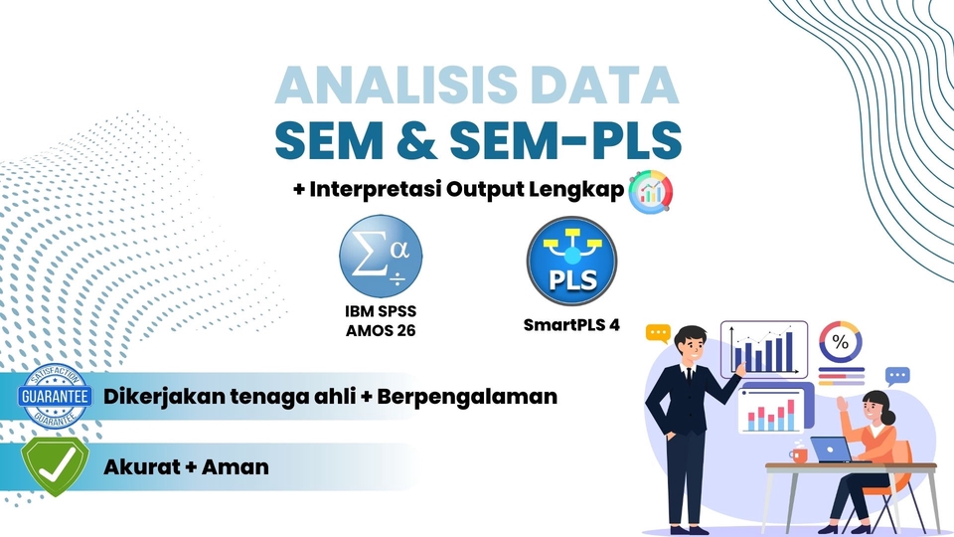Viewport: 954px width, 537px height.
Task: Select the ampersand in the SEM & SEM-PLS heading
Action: (x=416, y=139)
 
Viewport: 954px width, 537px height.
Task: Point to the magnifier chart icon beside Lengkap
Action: (x=650, y=192)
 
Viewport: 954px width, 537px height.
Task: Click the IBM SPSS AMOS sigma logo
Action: (x=381, y=257)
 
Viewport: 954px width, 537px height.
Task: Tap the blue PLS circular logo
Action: (x=572, y=261)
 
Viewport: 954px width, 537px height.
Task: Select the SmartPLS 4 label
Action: (x=572, y=324)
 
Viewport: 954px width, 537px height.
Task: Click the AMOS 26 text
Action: (x=381, y=330)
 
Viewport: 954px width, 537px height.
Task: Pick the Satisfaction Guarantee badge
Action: (x=55, y=397)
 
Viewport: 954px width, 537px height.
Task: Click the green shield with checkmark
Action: (x=55, y=466)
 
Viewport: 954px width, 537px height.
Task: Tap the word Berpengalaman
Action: (x=467, y=397)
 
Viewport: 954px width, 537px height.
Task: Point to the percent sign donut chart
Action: (x=841, y=341)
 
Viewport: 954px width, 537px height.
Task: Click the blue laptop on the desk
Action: (x=832, y=449)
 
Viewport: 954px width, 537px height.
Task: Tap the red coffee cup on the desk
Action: (x=799, y=454)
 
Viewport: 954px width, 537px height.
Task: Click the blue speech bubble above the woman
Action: (x=897, y=376)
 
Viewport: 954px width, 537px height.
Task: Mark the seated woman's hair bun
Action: (x=888, y=418)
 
